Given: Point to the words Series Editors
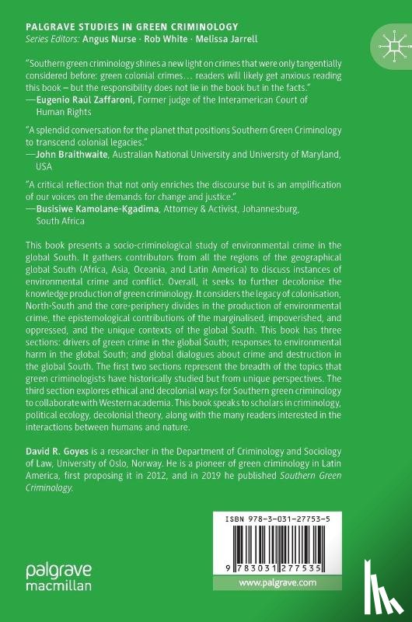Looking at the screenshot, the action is [46, 40].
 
